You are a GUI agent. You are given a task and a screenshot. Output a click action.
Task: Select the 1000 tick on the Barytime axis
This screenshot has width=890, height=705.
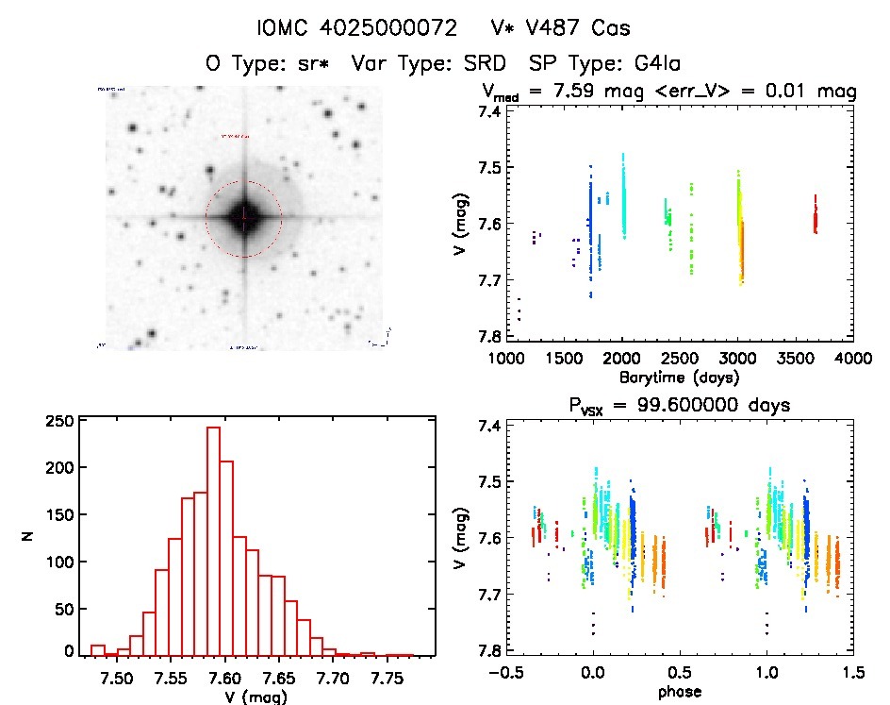(x=506, y=359)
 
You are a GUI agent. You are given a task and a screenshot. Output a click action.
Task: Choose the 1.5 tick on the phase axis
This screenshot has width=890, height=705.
(x=852, y=672)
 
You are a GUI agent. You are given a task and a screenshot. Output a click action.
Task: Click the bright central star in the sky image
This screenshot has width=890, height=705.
(x=243, y=217)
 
